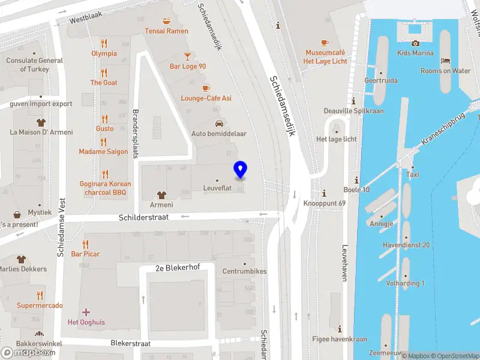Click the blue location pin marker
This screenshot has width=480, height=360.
(x=241, y=170)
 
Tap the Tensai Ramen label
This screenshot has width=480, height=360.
(x=166, y=31)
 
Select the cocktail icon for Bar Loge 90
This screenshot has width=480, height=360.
(x=188, y=56)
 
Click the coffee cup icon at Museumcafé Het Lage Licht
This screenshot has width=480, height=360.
(x=325, y=43)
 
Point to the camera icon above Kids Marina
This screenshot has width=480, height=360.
(x=415, y=43)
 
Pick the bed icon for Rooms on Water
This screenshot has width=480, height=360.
(x=445, y=61)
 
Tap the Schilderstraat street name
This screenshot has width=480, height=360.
(x=143, y=217)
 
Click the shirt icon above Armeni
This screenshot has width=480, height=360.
(x=161, y=195)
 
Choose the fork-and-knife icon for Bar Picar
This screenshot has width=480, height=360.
(x=85, y=244)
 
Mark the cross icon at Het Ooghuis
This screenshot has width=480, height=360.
(x=86, y=312)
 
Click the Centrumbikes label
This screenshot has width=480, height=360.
(x=244, y=271)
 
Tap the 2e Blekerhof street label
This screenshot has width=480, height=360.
(x=177, y=268)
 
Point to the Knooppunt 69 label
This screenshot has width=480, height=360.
(x=325, y=203)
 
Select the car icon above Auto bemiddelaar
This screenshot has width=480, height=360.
(x=219, y=123)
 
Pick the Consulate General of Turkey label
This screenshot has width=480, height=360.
(x=34, y=65)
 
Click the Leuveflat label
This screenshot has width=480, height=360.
(x=217, y=188)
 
